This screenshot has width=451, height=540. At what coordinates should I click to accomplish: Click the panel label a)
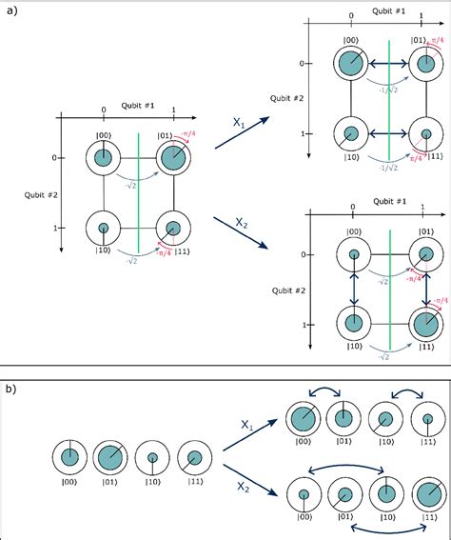coord(10,10)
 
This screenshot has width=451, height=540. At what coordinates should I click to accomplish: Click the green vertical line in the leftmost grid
coord(139,190)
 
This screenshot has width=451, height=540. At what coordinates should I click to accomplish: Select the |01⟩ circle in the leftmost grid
coord(172,158)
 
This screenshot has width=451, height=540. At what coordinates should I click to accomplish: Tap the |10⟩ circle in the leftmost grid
coord(104,229)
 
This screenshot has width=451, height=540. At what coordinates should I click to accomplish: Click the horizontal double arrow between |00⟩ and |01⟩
coord(387,64)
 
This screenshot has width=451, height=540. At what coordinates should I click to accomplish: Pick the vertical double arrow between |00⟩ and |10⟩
coord(353,289)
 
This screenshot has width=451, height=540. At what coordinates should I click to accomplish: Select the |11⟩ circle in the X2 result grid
coord(422,324)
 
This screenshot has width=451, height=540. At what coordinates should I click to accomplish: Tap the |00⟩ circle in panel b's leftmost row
coord(69,458)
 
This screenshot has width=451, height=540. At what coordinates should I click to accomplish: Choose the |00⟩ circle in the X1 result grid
coord(352,64)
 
